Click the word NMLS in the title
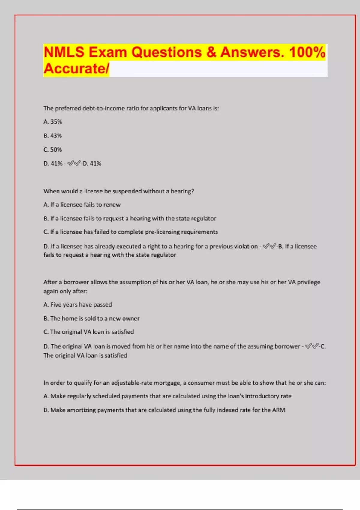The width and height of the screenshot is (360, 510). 64,52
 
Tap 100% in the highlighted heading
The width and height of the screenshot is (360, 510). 307,52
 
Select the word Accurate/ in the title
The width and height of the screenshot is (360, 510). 76,69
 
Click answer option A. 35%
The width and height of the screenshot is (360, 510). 53,122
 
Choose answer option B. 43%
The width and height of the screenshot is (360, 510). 53,136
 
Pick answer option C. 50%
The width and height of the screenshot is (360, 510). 53,149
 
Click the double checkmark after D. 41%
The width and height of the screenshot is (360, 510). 74,163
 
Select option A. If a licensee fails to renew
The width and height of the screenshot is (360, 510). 82,205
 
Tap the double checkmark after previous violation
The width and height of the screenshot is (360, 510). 269,247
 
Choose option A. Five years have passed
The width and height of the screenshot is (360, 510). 78,305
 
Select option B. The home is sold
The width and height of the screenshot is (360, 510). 91,319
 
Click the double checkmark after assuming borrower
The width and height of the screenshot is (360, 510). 312,346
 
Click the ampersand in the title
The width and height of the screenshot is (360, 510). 211,52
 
